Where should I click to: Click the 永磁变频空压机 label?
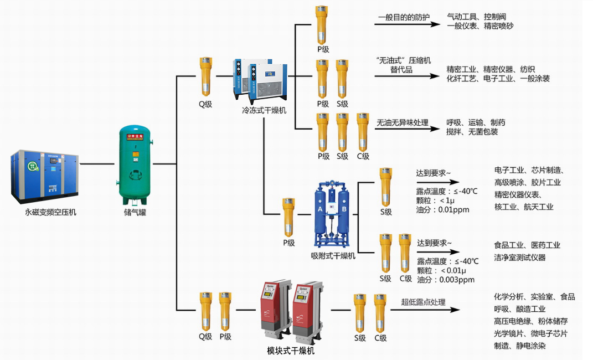[x=50, y=212]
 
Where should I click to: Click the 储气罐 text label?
[x=135, y=212]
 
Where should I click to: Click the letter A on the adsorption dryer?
[x=320, y=209]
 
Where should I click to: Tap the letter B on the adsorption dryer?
[x=344, y=209]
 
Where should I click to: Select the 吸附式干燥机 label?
[x=333, y=255]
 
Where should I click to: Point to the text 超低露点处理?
[x=423, y=302]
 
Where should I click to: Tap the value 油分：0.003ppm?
[x=446, y=280]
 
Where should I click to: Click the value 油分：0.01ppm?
[x=442, y=210]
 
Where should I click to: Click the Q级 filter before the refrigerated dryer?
[x=205, y=77]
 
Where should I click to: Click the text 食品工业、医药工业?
[x=527, y=245]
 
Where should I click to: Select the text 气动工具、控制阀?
[x=476, y=17]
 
